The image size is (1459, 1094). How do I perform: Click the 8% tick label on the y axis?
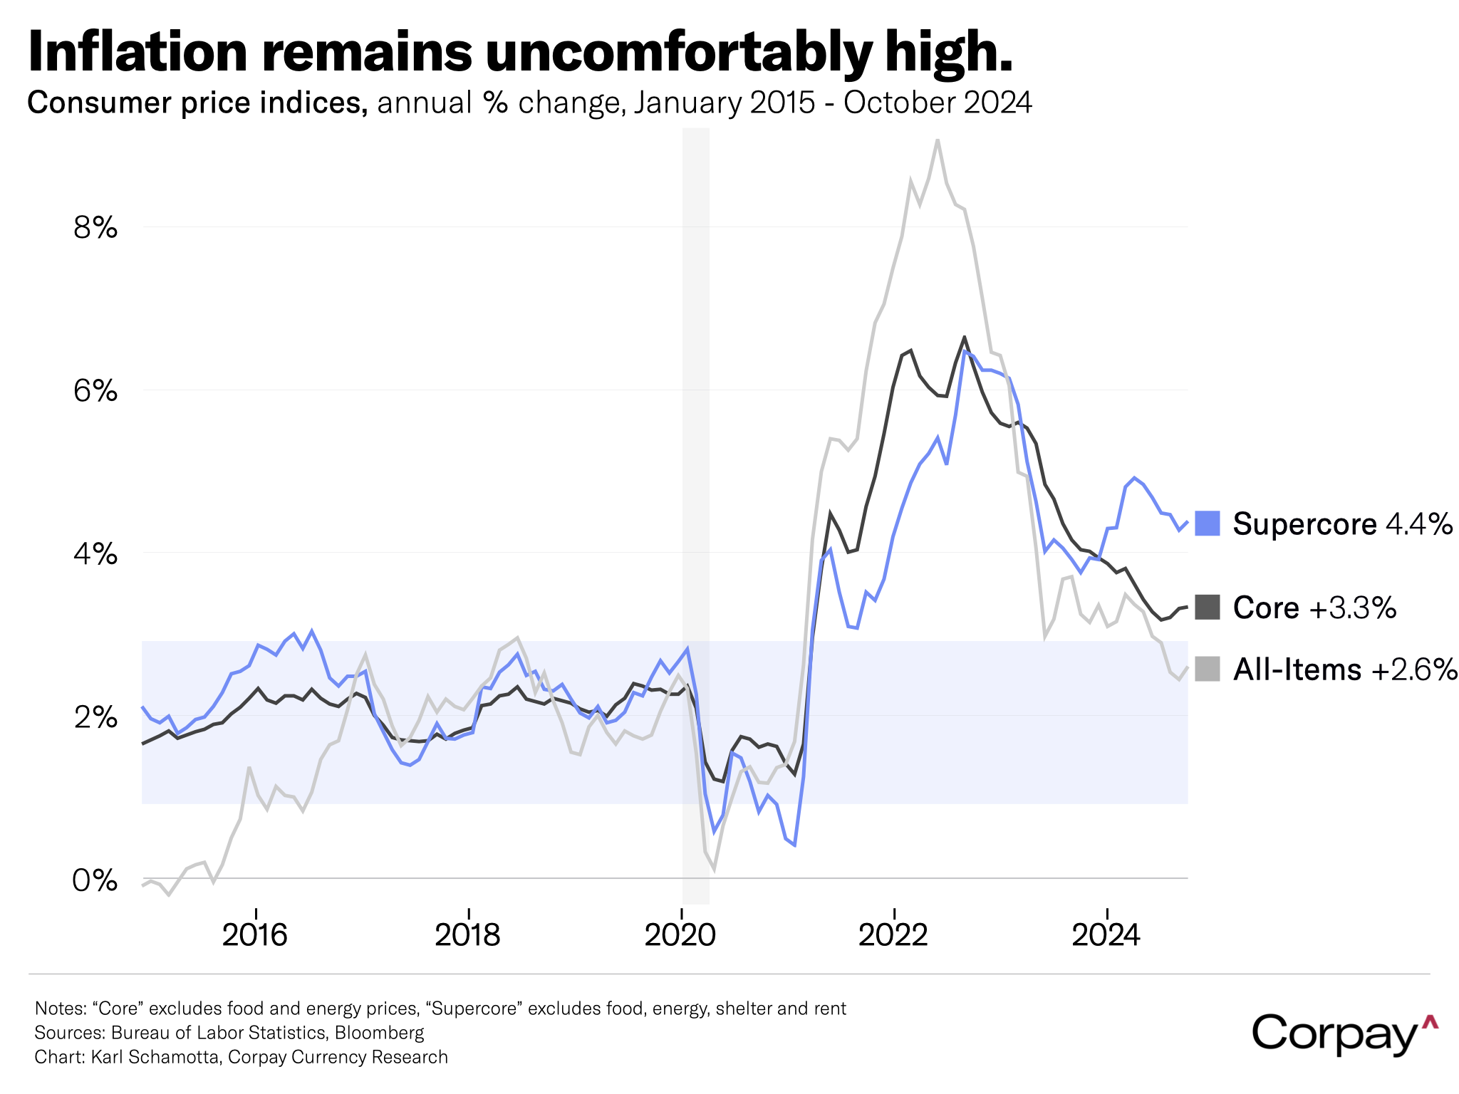(x=95, y=228)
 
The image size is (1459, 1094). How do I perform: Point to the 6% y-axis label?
(x=95, y=391)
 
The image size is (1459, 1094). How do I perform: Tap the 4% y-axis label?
(x=95, y=554)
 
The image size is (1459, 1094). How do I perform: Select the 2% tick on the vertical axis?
(x=95, y=717)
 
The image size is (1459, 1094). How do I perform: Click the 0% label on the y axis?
(x=95, y=881)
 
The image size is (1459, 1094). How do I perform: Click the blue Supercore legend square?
(x=1207, y=523)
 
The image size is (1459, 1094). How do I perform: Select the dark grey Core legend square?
(x=1207, y=608)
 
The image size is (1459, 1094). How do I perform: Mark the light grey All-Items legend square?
(x=1207, y=670)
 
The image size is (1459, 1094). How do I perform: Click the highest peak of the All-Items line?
(x=938, y=140)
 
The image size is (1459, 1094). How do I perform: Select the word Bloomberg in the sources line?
(x=379, y=1033)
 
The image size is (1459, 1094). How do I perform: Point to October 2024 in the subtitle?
(x=938, y=103)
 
